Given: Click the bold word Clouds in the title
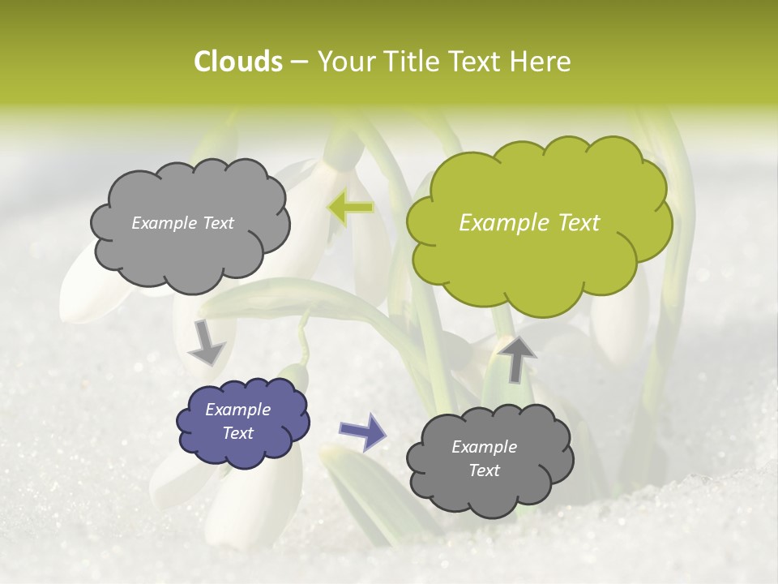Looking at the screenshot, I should coord(237,62).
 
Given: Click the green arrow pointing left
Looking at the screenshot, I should coord(350,208).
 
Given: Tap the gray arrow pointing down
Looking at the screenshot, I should coord(207,343).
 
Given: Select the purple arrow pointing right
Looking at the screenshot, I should coord(362,432).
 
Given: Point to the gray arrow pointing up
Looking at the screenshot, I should coord(516,358).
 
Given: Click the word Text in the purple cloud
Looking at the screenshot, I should coord(238,433).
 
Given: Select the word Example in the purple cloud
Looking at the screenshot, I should coord(238,410).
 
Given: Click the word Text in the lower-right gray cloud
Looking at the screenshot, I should coord(485,470).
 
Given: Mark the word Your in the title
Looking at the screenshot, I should coord(344,62).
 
